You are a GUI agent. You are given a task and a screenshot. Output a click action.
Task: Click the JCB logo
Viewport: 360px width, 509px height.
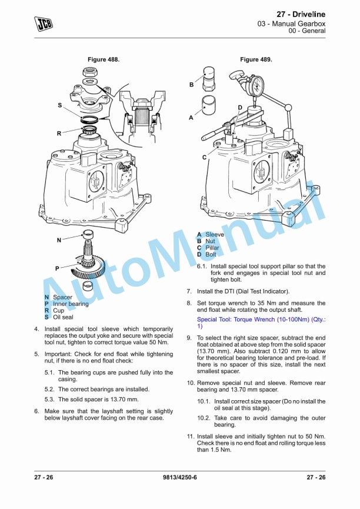44,24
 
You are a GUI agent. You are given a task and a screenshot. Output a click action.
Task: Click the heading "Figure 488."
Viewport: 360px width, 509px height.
104,59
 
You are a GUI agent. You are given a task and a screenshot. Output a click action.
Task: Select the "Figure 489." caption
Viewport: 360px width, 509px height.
256,59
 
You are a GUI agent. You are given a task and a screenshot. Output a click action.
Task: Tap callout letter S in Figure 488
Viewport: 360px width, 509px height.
60,105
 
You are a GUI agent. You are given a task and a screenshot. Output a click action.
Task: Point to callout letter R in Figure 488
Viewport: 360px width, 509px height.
59,134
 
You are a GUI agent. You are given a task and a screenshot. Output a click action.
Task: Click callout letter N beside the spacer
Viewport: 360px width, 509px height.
59,240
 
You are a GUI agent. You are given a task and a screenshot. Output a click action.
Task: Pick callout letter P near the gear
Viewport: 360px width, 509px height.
57,268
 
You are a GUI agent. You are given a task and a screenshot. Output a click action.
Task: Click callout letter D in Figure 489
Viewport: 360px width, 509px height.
240,108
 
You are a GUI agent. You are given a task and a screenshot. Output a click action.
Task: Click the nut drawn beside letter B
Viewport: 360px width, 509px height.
209,79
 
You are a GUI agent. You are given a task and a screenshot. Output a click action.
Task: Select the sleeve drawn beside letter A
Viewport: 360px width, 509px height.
209,105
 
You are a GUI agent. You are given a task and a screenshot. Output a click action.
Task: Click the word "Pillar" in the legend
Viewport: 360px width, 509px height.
212,248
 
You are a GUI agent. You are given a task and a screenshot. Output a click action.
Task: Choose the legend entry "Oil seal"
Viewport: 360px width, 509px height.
64,317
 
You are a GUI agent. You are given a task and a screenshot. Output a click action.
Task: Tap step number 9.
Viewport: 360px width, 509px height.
189,338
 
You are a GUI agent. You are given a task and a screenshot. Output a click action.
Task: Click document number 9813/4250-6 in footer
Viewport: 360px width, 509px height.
179,477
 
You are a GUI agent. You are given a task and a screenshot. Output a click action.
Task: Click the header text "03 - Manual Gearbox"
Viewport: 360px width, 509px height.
291,24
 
